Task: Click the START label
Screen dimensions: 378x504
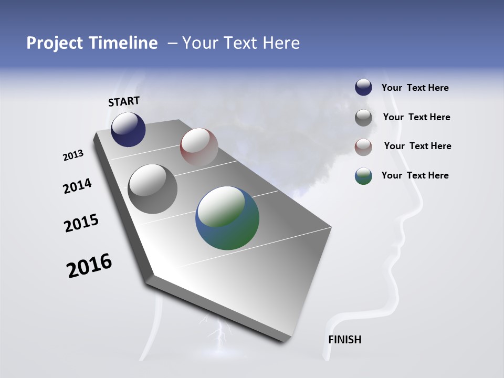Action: pyautogui.click(x=124, y=101)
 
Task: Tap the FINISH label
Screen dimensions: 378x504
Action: pyautogui.click(x=344, y=340)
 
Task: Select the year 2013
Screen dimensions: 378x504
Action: pyautogui.click(x=73, y=155)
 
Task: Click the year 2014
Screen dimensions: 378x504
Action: pyautogui.click(x=77, y=186)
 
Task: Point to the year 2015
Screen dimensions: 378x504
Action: pyautogui.click(x=81, y=223)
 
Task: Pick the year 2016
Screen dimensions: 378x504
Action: pyautogui.click(x=89, y=266)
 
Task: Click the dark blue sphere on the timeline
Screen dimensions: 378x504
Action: pyautogui.click(x=128, y=130)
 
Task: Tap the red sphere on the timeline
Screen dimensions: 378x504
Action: pyautogui.click(x=199, y=146)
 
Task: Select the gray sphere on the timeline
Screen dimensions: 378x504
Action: pyautogui.click(x=152, y=189)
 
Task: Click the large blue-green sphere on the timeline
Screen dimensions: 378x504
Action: pyautogui.click(x=227, y=218)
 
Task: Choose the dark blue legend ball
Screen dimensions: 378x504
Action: pyautogui.click(x=363, y=88)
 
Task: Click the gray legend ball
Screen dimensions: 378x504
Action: pyautogui.click(x=363, y=118)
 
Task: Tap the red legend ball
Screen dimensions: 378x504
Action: pyautogui.click(x=363, y=147)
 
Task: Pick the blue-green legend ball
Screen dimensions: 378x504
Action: pyautogui.click(x=363, y=176)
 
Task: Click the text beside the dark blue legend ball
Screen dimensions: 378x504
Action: pyautogui.click(x=415, y=88)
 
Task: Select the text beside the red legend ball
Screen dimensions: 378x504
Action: pyautogui.click(x=417, y=146)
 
